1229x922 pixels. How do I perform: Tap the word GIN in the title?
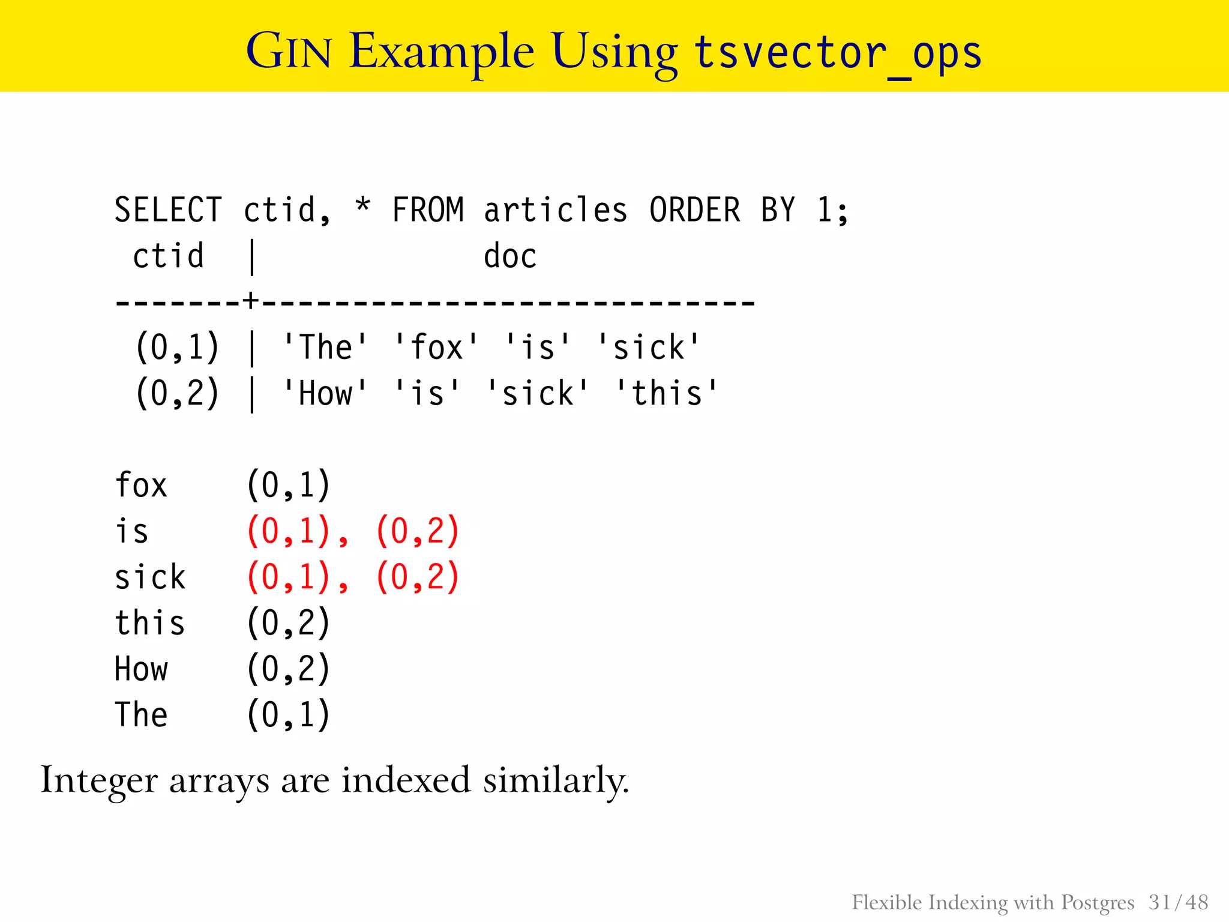(x=289, y=52)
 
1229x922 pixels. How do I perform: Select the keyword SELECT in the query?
(x=168, y=210)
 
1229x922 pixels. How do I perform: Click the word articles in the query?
(x=556, y=210)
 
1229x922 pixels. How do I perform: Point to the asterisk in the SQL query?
(x=362, y=207)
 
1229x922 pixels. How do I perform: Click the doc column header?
(x=509, y=256)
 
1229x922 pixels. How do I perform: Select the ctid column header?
(x=168, y=256)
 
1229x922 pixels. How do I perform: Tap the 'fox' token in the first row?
(x=436, y=348)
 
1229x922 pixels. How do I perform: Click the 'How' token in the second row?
(x=325, y=394)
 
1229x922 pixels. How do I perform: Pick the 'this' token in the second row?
(x=667, y=394)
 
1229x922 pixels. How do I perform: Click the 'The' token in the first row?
(x=325, y=348)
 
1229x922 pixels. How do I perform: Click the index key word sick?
(x=150, y=577)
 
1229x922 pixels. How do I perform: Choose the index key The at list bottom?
(x=141, y=715)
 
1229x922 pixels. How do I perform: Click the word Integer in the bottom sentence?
(x=100, y=781)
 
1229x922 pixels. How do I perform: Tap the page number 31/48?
(x=1178, y=902)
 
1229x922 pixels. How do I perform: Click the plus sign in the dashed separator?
(x=251, y=301)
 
